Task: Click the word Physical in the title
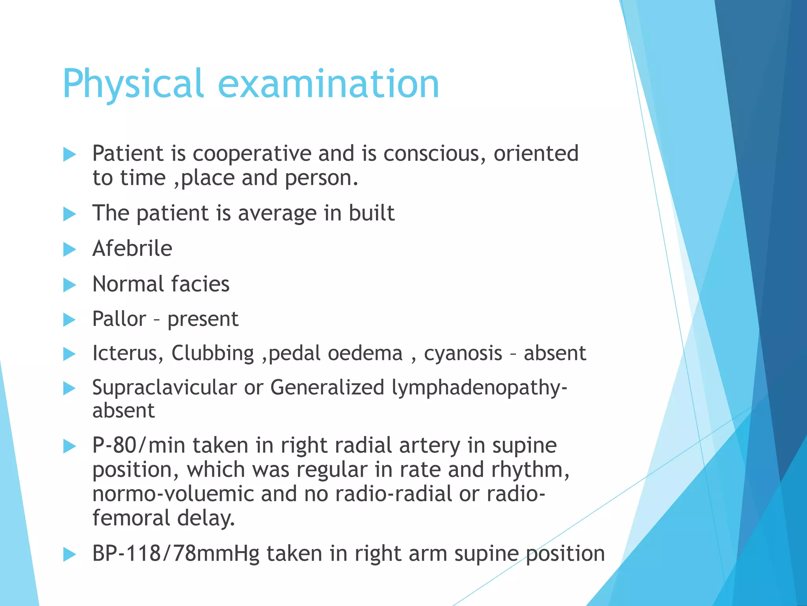tap(133, 84)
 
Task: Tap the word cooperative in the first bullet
tap(252, 153)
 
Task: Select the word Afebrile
tap(132, 249)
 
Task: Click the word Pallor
tap(119, 319)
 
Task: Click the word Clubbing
tap(212, 353)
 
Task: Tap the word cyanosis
tap(463, 353)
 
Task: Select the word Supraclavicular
tap(164, 387)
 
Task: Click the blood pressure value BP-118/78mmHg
tap(176, 554)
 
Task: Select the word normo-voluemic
tap(173, 494)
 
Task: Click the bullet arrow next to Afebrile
tap(69, 249)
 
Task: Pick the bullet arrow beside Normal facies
tap(69, 285)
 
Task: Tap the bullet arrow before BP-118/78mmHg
tap(69, 554)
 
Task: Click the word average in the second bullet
tap(277, 213)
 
